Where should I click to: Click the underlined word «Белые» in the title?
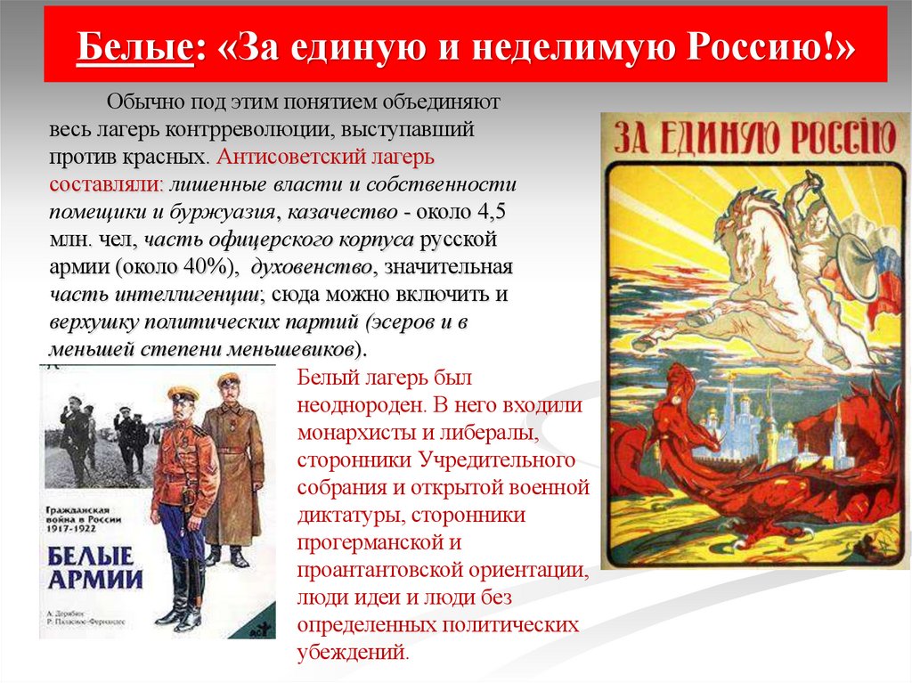pyautogui.click(x=134, y=45)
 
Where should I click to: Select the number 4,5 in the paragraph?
pyautogui.click(x=498, y=215)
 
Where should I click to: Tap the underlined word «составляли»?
pyautogui.click(x=105, y=185)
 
